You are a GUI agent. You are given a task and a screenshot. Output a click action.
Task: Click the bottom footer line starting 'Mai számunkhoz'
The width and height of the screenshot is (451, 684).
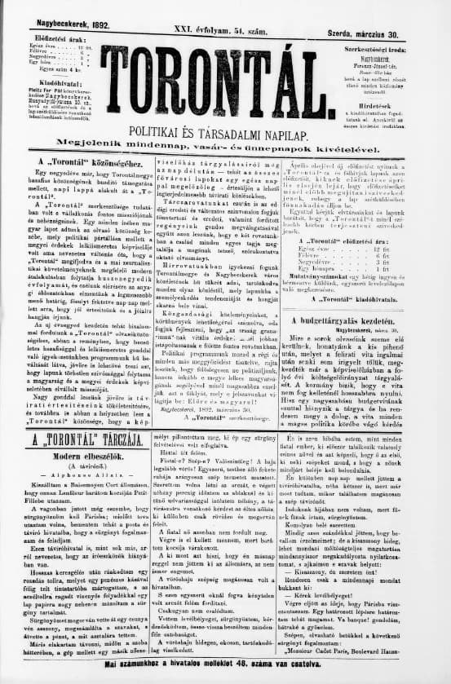point(224,670)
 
